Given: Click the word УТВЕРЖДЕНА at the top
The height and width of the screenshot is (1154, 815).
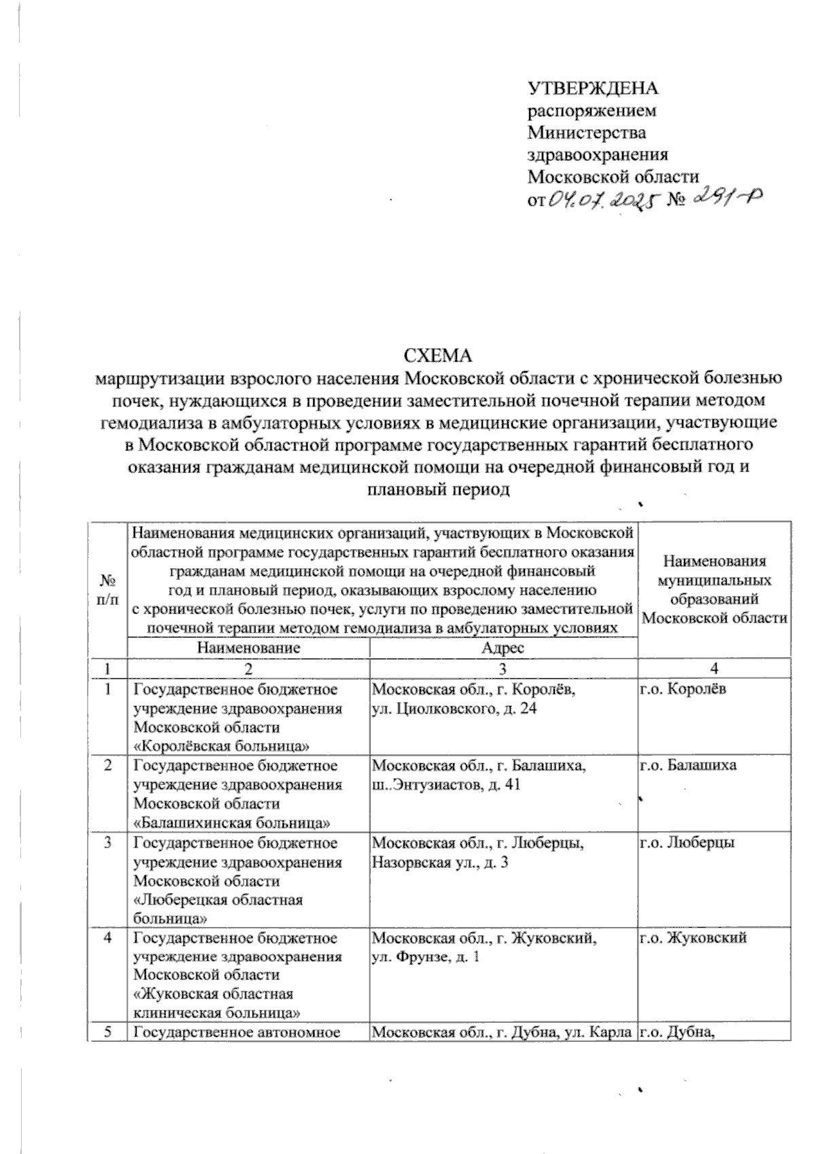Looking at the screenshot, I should (x=594, y=88).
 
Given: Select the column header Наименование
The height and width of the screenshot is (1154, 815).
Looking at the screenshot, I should (x=248, y=648).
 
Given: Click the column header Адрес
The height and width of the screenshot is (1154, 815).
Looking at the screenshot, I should (x=503, y=648).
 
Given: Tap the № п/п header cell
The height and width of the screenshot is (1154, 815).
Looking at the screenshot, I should (x=107, y=589).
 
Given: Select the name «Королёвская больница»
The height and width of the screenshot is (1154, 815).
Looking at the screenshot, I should (x=222, y=746).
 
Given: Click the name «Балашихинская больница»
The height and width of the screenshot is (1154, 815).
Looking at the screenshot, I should (x=232, y=823).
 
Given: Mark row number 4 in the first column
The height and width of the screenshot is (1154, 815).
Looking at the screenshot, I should (x=107, y=938).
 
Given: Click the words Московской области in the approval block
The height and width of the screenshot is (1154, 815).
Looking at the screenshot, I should (x=613, y=177).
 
